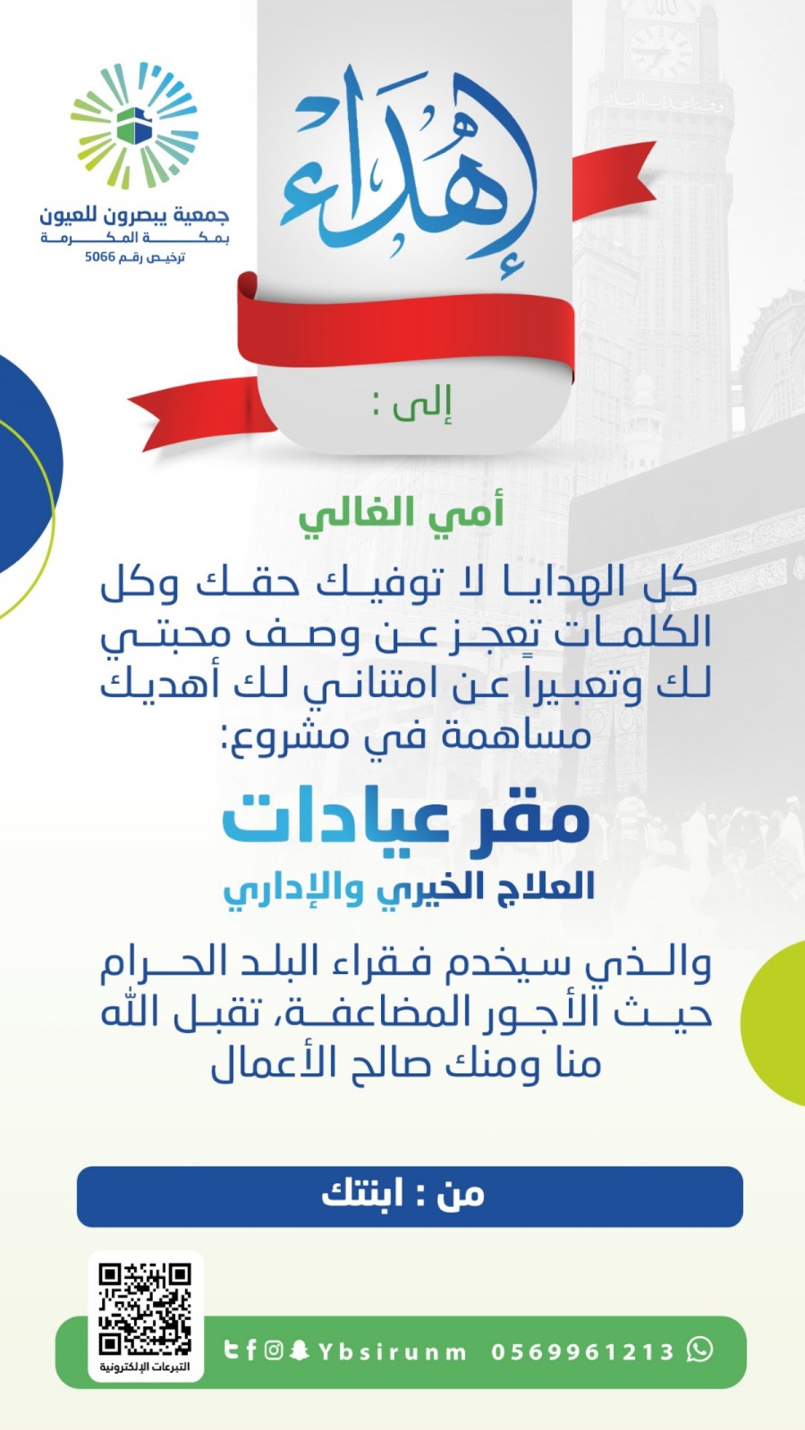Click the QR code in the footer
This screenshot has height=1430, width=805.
coord(145,1309)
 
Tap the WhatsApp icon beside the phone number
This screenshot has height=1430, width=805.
coord(700,1349)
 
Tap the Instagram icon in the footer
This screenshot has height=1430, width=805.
coord(273,1350)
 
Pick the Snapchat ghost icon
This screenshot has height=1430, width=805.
coord(299,1350)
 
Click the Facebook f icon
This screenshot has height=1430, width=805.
coord(251,1350)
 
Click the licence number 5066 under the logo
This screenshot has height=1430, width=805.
coord(100,257)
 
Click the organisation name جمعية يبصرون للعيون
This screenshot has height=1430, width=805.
coord(134,216)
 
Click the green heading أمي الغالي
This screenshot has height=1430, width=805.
coord(401,515)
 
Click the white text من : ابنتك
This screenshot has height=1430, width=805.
coord(402,1194)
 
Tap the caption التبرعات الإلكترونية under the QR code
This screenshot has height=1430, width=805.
coord(145,1366)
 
